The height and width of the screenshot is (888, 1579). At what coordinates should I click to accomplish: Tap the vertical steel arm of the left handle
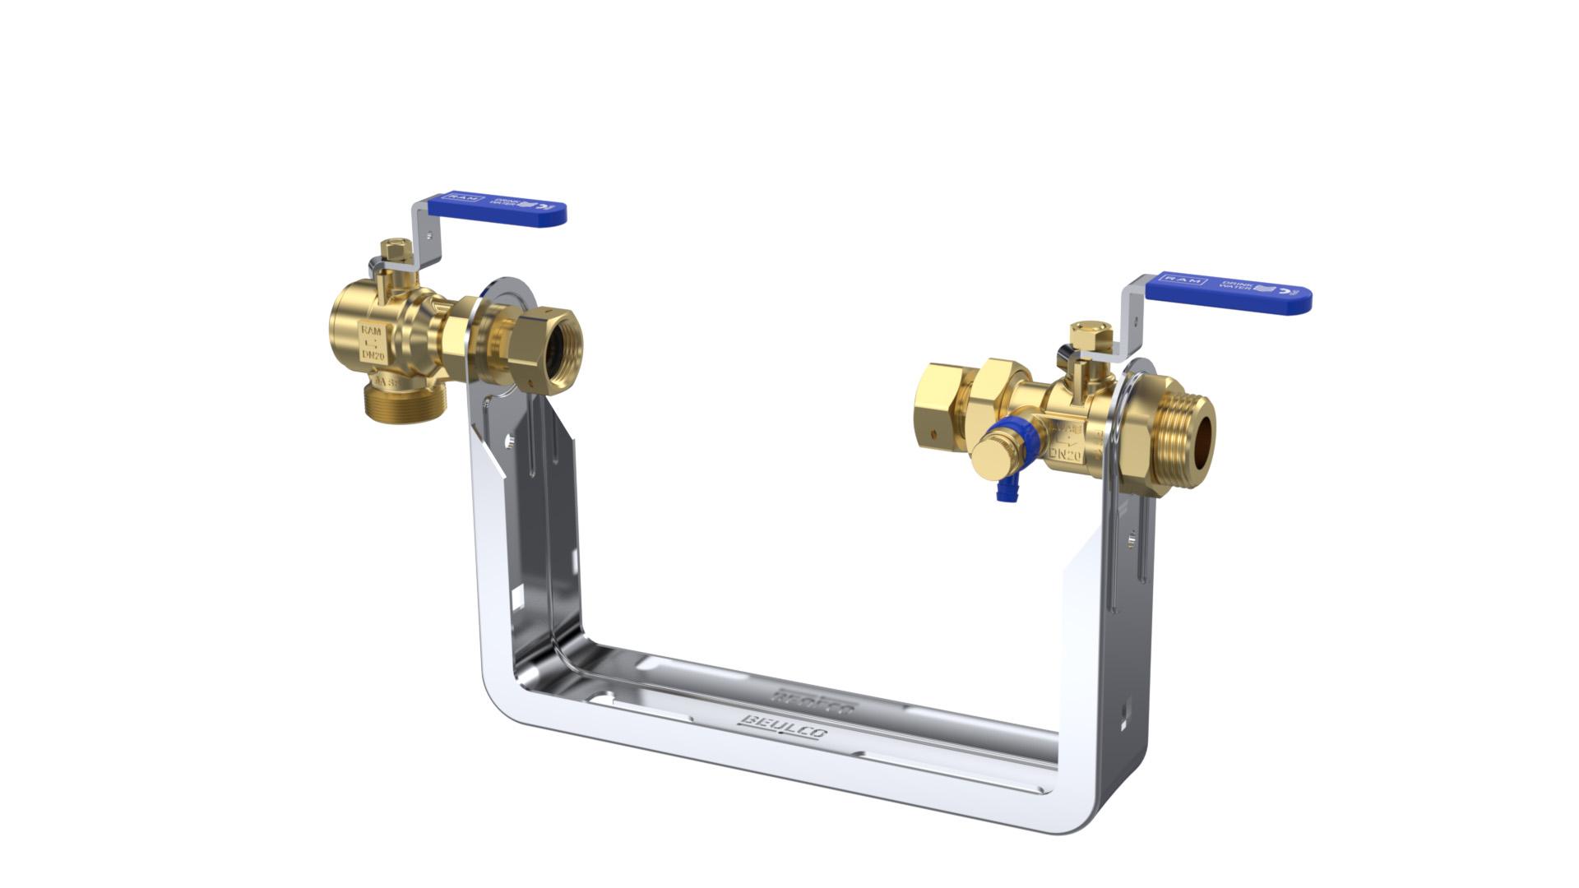coord(419,234)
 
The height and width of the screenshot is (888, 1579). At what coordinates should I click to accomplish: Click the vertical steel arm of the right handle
coord(1134,321)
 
